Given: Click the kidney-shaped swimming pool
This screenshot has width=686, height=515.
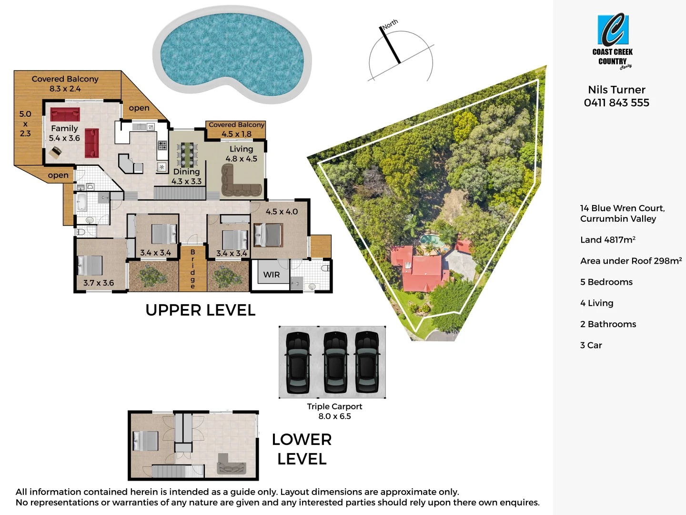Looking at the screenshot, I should click(232, 54).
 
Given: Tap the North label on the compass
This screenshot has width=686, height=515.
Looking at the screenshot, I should click(390, 24).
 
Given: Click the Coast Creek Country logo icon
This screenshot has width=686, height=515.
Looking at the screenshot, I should click(613, 30).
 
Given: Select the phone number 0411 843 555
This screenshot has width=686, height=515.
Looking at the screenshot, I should click(616, 103).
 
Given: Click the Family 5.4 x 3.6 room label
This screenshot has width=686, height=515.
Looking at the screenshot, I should click(64, 133).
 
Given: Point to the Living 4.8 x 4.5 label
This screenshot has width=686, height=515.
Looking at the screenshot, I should click(241, 154).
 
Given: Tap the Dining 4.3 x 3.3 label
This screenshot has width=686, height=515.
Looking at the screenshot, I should click(187, 176).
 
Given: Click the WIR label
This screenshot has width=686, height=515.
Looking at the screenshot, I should click(272, 275).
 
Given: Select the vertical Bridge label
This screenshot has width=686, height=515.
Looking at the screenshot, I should click(192, 269).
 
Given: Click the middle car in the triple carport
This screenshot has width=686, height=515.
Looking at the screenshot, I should click(335, 362).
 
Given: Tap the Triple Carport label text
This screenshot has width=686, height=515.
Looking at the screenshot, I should click(334, 406).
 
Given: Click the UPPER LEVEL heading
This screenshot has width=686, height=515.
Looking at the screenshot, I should click(200, 310).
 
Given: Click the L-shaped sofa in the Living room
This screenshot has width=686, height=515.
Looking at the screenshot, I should click(241, 184).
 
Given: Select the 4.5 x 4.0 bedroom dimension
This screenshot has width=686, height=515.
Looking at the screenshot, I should click(282, 211).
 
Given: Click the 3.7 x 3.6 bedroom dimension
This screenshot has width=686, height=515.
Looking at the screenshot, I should click(99, 283).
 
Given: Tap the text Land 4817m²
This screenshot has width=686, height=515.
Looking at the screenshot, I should click(607, 240).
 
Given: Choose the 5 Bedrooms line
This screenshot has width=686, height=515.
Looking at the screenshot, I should click(606, 282).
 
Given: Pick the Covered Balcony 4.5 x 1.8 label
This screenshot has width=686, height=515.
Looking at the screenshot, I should click(236, 129).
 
